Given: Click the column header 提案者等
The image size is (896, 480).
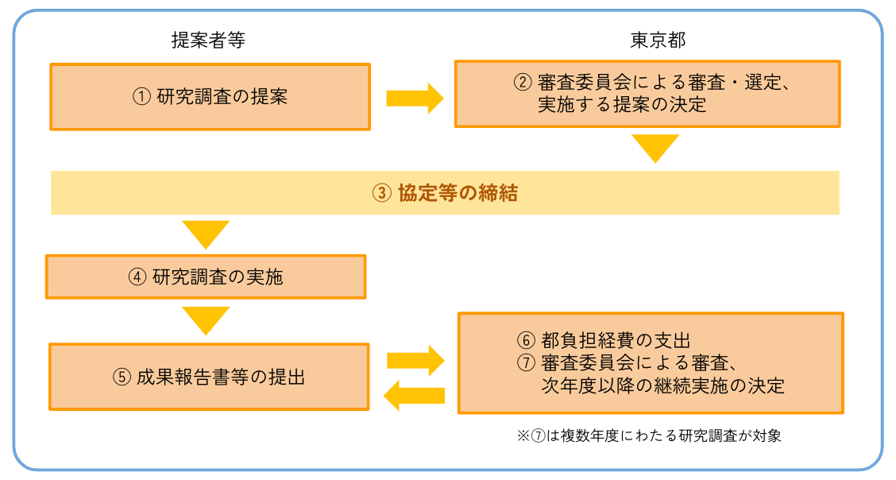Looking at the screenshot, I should click(x=208, y=41).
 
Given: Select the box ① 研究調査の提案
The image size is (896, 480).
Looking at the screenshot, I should click(x=210, y=97).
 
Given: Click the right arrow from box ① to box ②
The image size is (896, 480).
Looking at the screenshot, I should click(x=414, y=98).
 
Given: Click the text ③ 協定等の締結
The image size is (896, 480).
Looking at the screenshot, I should click(x=445, y=193).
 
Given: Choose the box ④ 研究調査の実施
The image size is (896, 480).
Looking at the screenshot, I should click(x=206, y=277).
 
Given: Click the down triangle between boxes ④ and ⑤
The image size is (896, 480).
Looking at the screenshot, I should click(x=206, y=320).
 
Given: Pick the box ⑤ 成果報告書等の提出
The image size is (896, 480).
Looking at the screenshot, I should click(x=209, y=377).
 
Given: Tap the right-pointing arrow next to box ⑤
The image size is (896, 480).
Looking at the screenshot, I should click(x=414, y=360).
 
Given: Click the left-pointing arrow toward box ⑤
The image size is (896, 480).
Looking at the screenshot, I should click(x=414, y=395).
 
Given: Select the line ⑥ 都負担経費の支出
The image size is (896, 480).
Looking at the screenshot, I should click(x=609, y=340).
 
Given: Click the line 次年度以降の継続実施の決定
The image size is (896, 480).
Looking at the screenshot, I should click(x=661, y=386).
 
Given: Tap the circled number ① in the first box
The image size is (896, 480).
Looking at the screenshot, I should click(x=141, y=97).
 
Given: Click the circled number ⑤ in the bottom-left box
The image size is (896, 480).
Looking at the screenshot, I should click(x=121, y=377).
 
